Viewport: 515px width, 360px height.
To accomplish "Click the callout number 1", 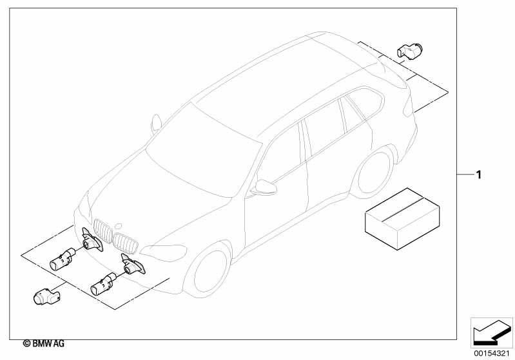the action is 479,175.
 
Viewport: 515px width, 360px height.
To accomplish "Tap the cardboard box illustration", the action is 402,218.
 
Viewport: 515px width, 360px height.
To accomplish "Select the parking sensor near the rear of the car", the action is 409,51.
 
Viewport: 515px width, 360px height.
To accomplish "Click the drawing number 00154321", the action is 492,354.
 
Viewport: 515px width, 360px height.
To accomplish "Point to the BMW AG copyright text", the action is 44,344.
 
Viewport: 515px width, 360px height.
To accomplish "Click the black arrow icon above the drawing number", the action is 492,332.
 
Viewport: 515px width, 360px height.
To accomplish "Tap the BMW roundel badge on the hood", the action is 119,226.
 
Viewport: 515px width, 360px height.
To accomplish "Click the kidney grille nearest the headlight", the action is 125,243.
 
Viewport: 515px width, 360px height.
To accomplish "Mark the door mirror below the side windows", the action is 264,187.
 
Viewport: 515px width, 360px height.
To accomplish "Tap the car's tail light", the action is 407,107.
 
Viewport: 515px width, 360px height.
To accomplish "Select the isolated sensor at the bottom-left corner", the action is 46,296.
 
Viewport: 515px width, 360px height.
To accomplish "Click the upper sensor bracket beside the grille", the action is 92,240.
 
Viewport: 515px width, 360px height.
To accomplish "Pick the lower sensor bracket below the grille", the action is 133,265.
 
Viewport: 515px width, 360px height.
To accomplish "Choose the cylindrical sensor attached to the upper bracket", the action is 63,260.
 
